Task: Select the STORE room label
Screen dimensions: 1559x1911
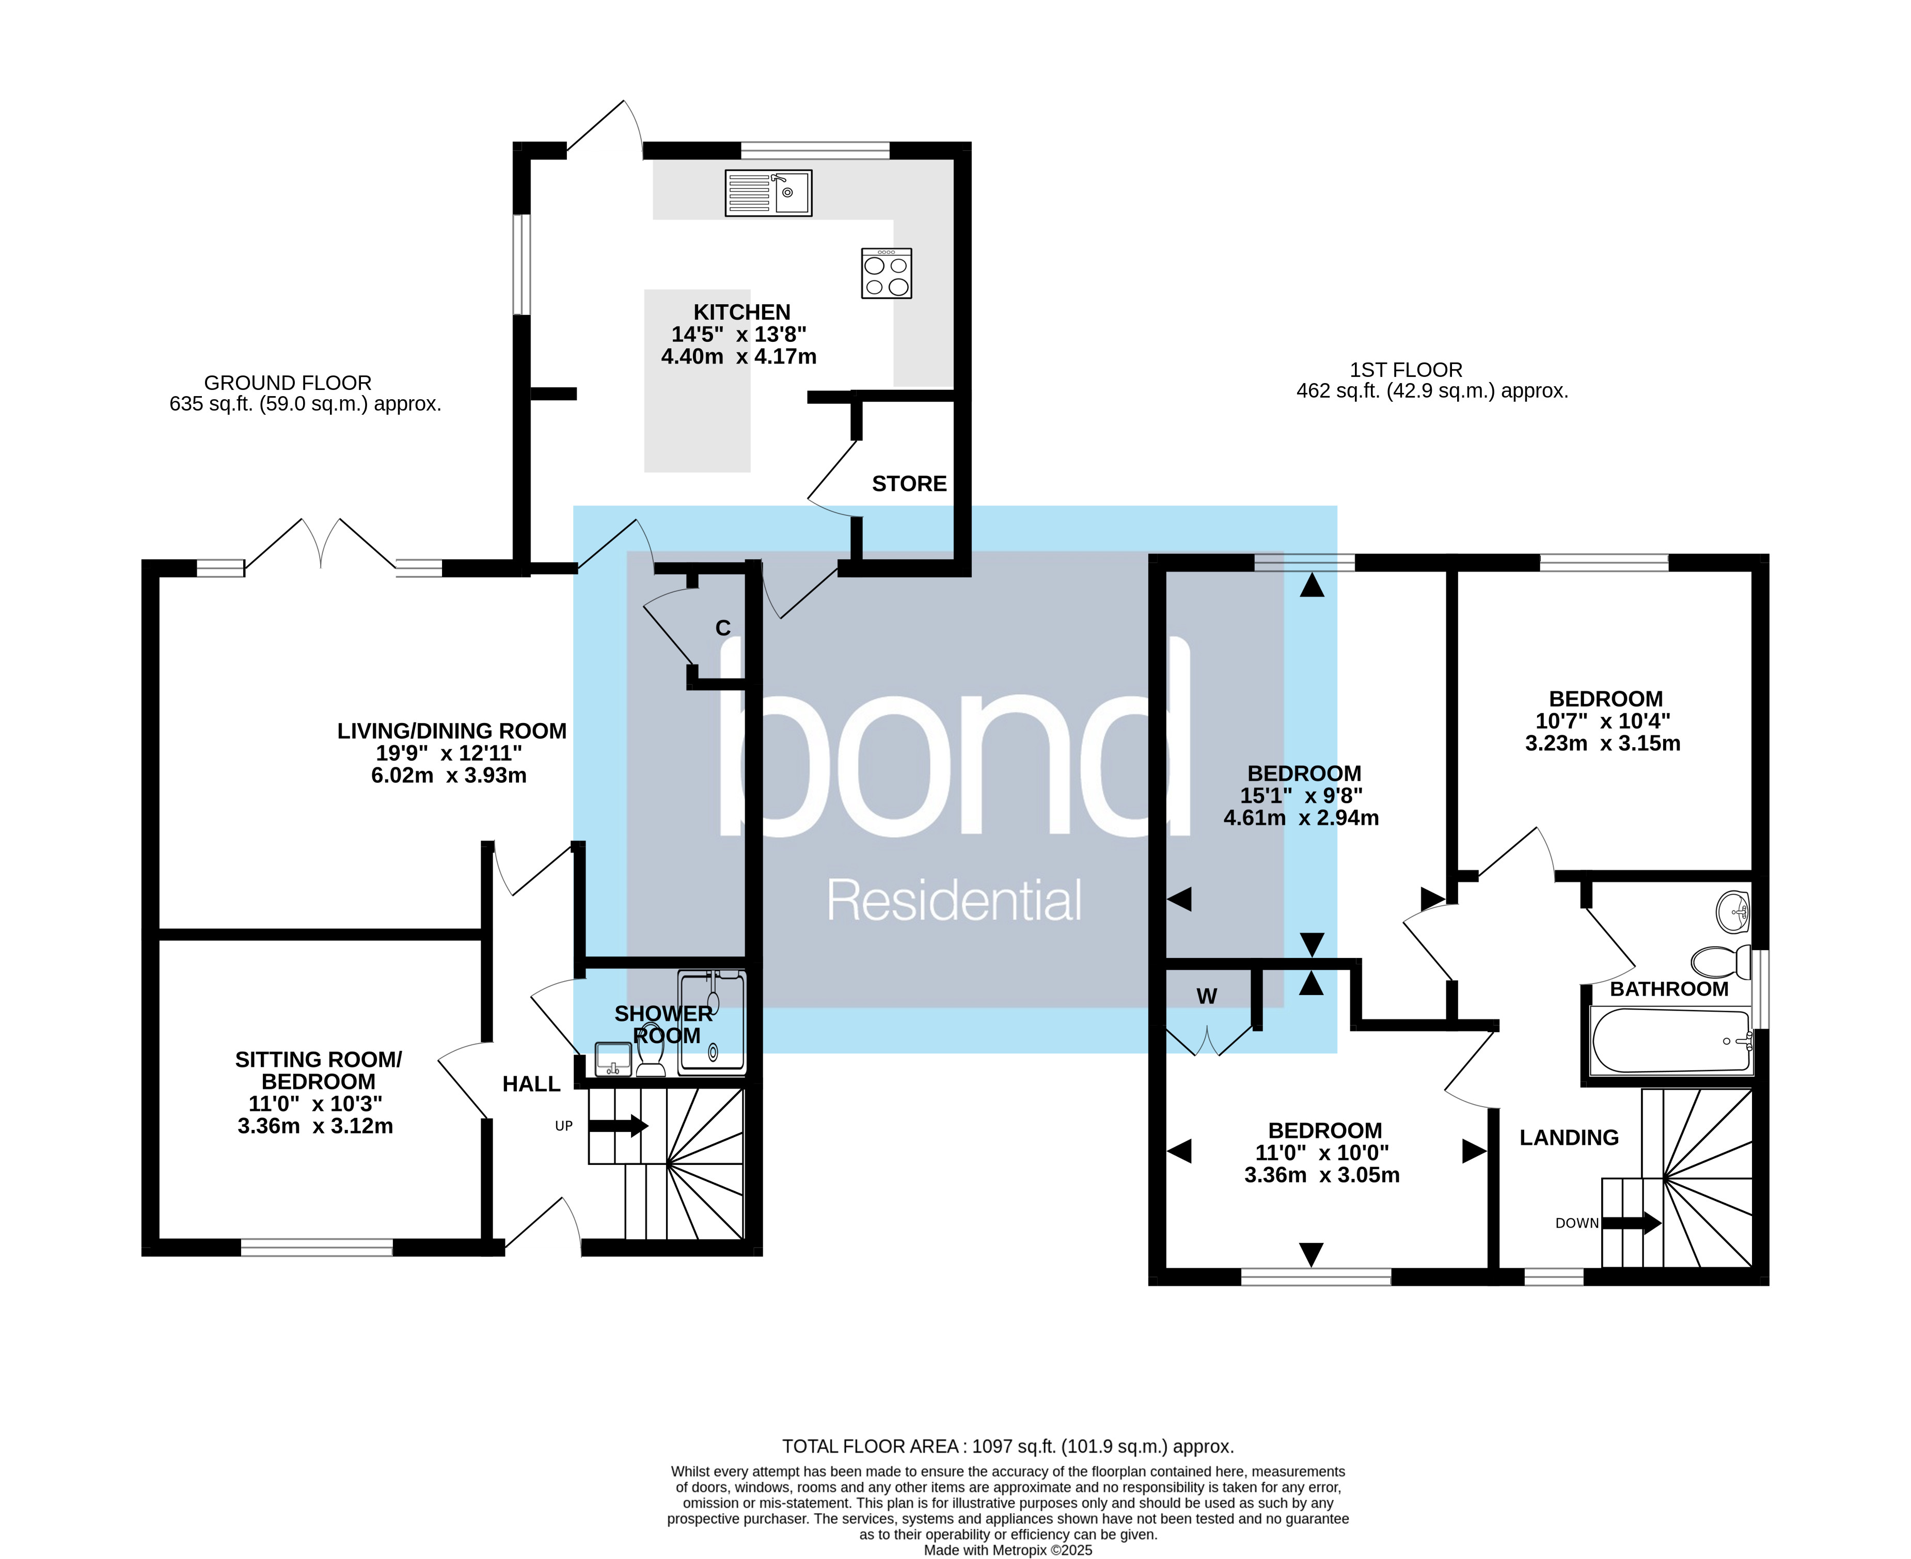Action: [x=909, y=484]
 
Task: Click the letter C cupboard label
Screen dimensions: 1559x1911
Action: [x=723, y=628]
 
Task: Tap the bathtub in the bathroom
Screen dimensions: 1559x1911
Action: [x=1670, y=1041]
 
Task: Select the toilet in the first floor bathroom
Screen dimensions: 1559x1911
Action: [x=1720, y=963]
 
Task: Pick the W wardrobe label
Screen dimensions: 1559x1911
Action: [x=1206, y=996]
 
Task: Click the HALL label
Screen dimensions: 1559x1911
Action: [x=531, y=1084]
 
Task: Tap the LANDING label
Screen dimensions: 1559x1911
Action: [x=1569, y=1138]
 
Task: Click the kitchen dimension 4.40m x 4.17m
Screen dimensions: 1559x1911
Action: [x=738, y=356]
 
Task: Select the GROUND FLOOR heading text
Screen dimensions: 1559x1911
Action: [x=288, y=383]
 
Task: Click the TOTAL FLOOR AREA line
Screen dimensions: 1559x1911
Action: [x=1007, y=1446]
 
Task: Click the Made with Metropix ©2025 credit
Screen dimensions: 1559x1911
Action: [x=1007, y=1550]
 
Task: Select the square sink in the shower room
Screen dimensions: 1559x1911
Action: [x=613, y=1059]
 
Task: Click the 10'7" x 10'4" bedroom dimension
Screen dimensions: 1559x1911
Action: [x=1602, y=721]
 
